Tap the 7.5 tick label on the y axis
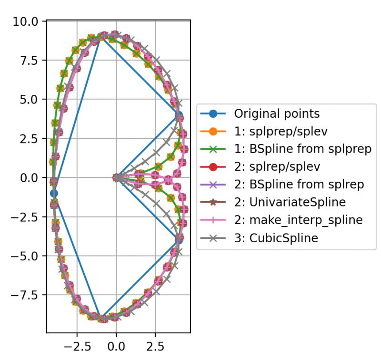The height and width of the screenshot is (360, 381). (31, 61)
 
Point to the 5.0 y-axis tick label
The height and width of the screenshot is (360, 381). (31, 100)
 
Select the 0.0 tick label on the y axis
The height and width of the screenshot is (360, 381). (31, 178)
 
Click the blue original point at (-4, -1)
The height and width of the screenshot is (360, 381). (54, 193)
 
